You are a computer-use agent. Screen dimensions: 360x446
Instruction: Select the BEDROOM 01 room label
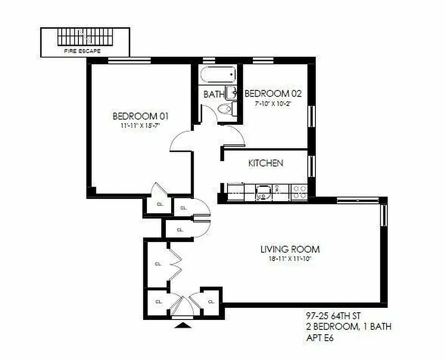141,116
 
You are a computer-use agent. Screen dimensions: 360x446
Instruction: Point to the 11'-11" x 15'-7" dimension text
141,126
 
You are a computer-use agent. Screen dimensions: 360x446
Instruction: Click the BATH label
214,94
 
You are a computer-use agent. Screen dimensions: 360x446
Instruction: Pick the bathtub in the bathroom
218,74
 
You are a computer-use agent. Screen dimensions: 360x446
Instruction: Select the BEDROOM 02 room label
273,94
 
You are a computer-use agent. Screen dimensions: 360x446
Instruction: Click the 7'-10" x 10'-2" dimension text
273,103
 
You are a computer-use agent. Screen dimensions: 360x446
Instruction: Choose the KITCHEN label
265,163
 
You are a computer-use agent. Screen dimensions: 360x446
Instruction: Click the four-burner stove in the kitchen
299,192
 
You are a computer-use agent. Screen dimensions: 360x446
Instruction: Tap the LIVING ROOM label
290,249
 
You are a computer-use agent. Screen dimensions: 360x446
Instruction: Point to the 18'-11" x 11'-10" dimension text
290,259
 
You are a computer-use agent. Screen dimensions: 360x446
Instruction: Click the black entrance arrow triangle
182,325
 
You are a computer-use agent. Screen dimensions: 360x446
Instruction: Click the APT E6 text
321,337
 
